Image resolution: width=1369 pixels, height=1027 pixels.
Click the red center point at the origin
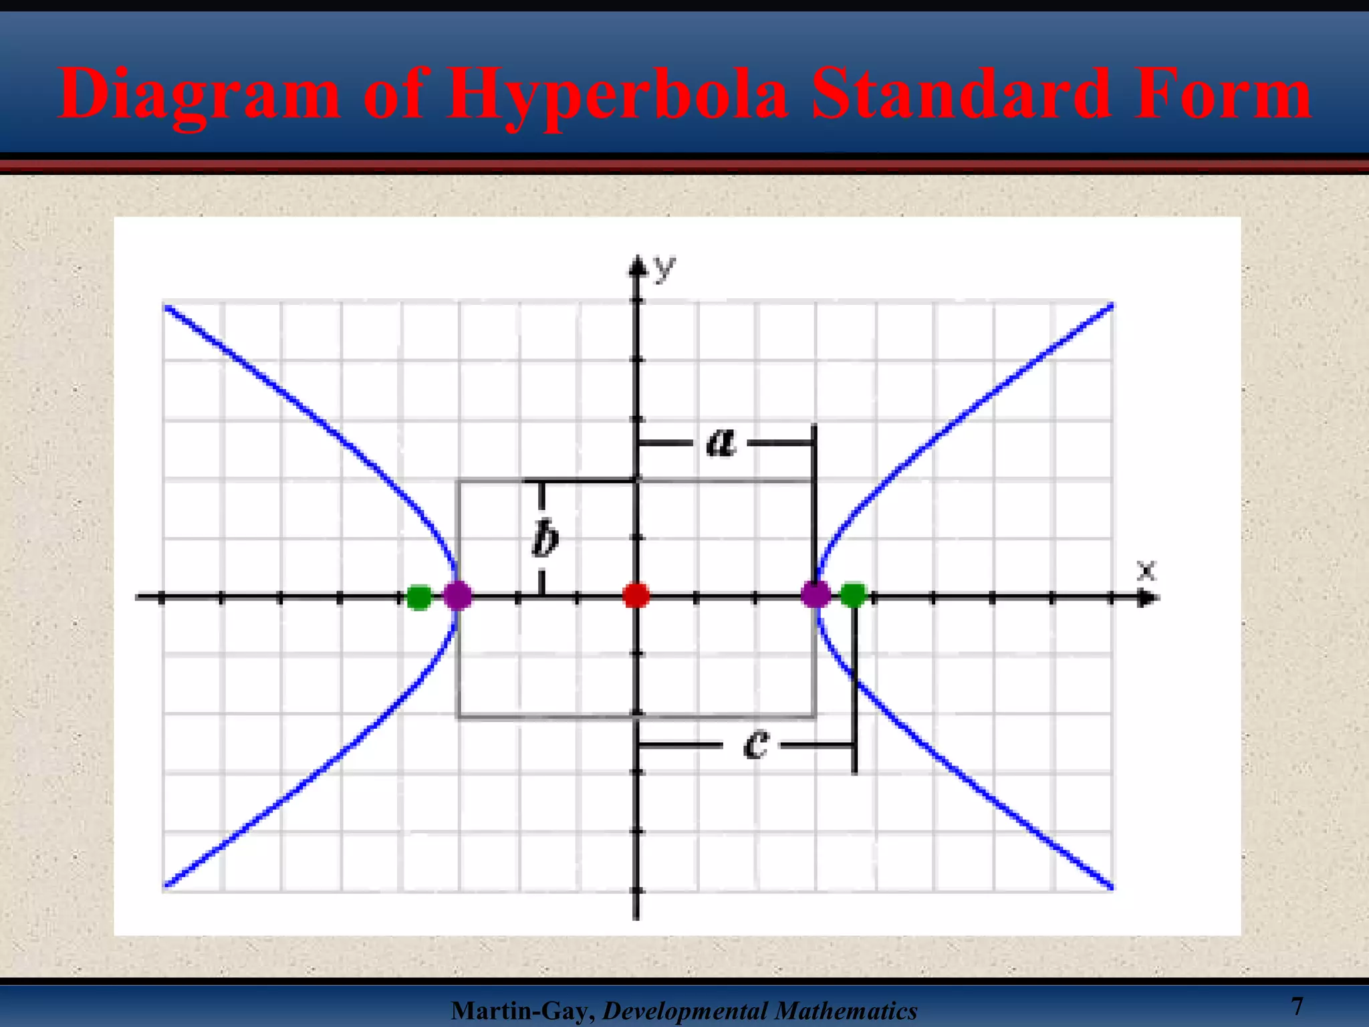coord(636,594)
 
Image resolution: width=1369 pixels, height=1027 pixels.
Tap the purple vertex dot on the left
coord(458,594)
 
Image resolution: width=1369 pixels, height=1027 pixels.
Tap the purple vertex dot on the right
coord(816,594)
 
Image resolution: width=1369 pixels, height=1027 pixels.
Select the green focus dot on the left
coord(419,596)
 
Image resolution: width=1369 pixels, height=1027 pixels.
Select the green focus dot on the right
coord(853,594)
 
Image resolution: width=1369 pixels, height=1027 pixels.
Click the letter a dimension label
coord(721,442)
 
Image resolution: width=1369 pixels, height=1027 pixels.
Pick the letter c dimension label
coord(756,744)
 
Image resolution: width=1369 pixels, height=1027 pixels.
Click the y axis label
coord(664,268)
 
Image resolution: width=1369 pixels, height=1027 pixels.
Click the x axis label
coord(1146,570)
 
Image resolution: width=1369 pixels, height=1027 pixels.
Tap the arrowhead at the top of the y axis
coord(637,267)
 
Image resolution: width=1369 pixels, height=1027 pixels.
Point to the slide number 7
coord(1297,1006)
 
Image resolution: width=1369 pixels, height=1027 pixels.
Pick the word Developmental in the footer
coord(683,1011)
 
